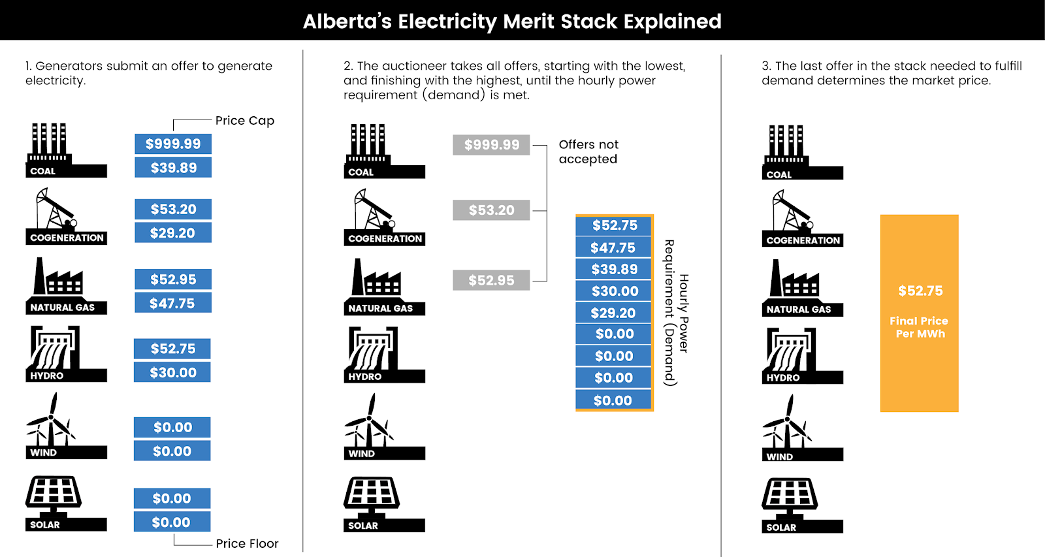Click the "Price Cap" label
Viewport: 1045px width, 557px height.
click(x=244, y=121)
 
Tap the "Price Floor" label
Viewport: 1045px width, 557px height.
click(x=247, y=543)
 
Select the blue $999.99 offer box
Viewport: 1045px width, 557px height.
click(x=173, y=144)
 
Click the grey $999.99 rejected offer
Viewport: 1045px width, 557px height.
click(x=491, y=144)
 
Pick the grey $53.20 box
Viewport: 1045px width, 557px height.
click(x=491, y=210)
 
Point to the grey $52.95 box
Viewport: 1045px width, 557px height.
click(x=491, y=280)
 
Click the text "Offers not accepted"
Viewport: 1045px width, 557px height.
click(x=588, y=151)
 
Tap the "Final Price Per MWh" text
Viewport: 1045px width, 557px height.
click(x=919, y=327)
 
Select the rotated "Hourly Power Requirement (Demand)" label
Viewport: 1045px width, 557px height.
click(x=677, y=313)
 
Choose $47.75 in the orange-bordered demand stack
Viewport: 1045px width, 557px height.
click(x=613, y=247)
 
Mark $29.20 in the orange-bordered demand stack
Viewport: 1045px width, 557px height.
click(x=613, y=313)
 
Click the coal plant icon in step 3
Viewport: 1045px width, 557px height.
click(x=803, y=152)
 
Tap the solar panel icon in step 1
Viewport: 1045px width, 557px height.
click(x=66, y=503)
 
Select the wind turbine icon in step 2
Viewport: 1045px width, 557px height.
click(x=385, y=426)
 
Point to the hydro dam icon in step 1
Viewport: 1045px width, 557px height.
click(x=66, y=354)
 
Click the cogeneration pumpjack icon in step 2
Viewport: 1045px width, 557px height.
click(x=385, y=217)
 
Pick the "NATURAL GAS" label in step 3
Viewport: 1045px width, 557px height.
click(x=799, y=310)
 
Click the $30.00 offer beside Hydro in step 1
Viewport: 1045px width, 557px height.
click(x=172, y=372)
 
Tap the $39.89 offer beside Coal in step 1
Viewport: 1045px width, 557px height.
click(x=173, y=167)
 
